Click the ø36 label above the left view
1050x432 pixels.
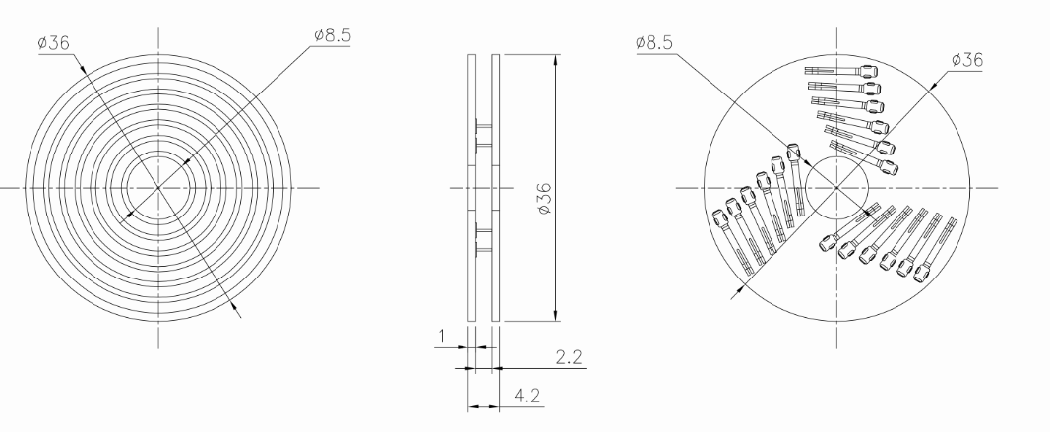point(54,44)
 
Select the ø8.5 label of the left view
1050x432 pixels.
point(333,35)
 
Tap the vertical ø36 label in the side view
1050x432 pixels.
point(545,198)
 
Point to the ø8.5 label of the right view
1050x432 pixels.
point(654,44)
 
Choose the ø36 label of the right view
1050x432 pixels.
point(966,60)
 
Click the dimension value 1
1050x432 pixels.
point(441,337)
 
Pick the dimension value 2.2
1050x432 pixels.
point(569,357)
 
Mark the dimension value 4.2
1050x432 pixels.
point(527,396)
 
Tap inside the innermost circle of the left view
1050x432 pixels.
point(158,188)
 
